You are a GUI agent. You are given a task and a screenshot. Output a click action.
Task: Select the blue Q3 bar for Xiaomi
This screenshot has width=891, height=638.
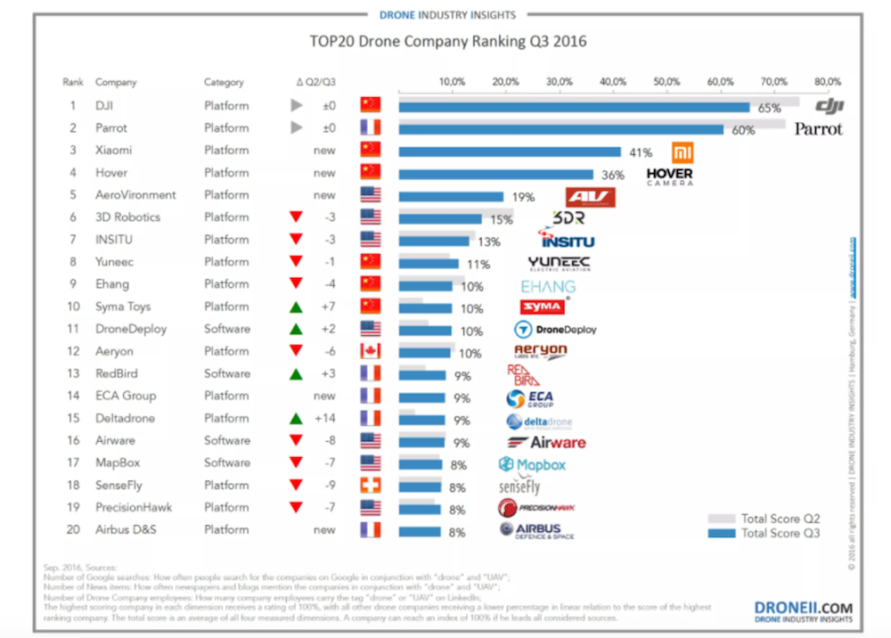[510, 151]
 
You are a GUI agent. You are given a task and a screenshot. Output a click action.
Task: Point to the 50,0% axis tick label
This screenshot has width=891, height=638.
[666, 82]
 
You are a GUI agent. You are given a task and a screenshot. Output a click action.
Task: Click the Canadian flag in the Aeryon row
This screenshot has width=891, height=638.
[370, 351]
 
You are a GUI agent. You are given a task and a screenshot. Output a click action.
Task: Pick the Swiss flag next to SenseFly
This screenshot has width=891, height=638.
[370, 485]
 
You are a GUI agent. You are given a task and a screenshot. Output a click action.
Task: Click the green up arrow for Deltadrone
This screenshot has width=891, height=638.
[297, 418]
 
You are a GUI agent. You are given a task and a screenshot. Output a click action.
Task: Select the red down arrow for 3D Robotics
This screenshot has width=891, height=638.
[297, 217]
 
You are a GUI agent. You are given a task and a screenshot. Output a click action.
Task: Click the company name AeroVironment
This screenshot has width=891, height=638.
[135, 195]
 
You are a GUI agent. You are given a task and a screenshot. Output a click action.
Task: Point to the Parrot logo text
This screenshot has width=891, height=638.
[819, 128]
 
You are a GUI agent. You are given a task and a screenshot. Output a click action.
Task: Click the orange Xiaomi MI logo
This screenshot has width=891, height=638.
[683, 152]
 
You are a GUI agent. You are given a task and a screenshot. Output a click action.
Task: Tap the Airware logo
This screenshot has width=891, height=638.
[546, 441]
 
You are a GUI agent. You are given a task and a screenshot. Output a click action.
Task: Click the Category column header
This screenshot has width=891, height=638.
[223, 82]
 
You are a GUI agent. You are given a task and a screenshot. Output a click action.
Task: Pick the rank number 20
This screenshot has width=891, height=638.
[73, 529]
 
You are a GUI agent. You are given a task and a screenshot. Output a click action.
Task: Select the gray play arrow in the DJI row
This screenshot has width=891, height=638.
[297, 105]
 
